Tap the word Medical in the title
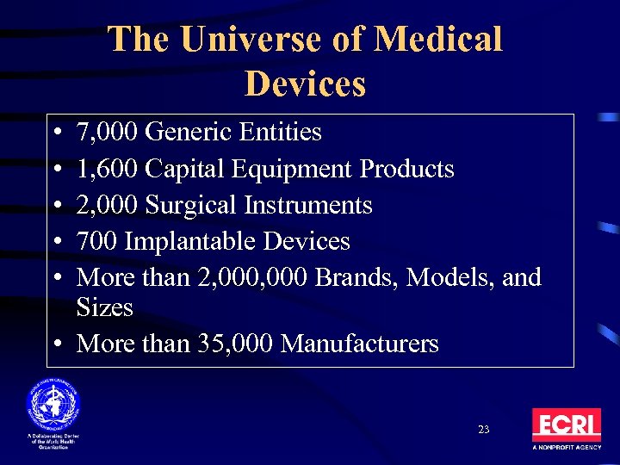pos(439,40)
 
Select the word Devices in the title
pos(305,84)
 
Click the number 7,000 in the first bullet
pos(108,133)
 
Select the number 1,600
pos(108,169)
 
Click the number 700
pos(96,241)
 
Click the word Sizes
pos(104,307)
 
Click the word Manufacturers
pos(359,344)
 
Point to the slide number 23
pos(482,429)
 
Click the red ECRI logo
pos(566,425)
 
